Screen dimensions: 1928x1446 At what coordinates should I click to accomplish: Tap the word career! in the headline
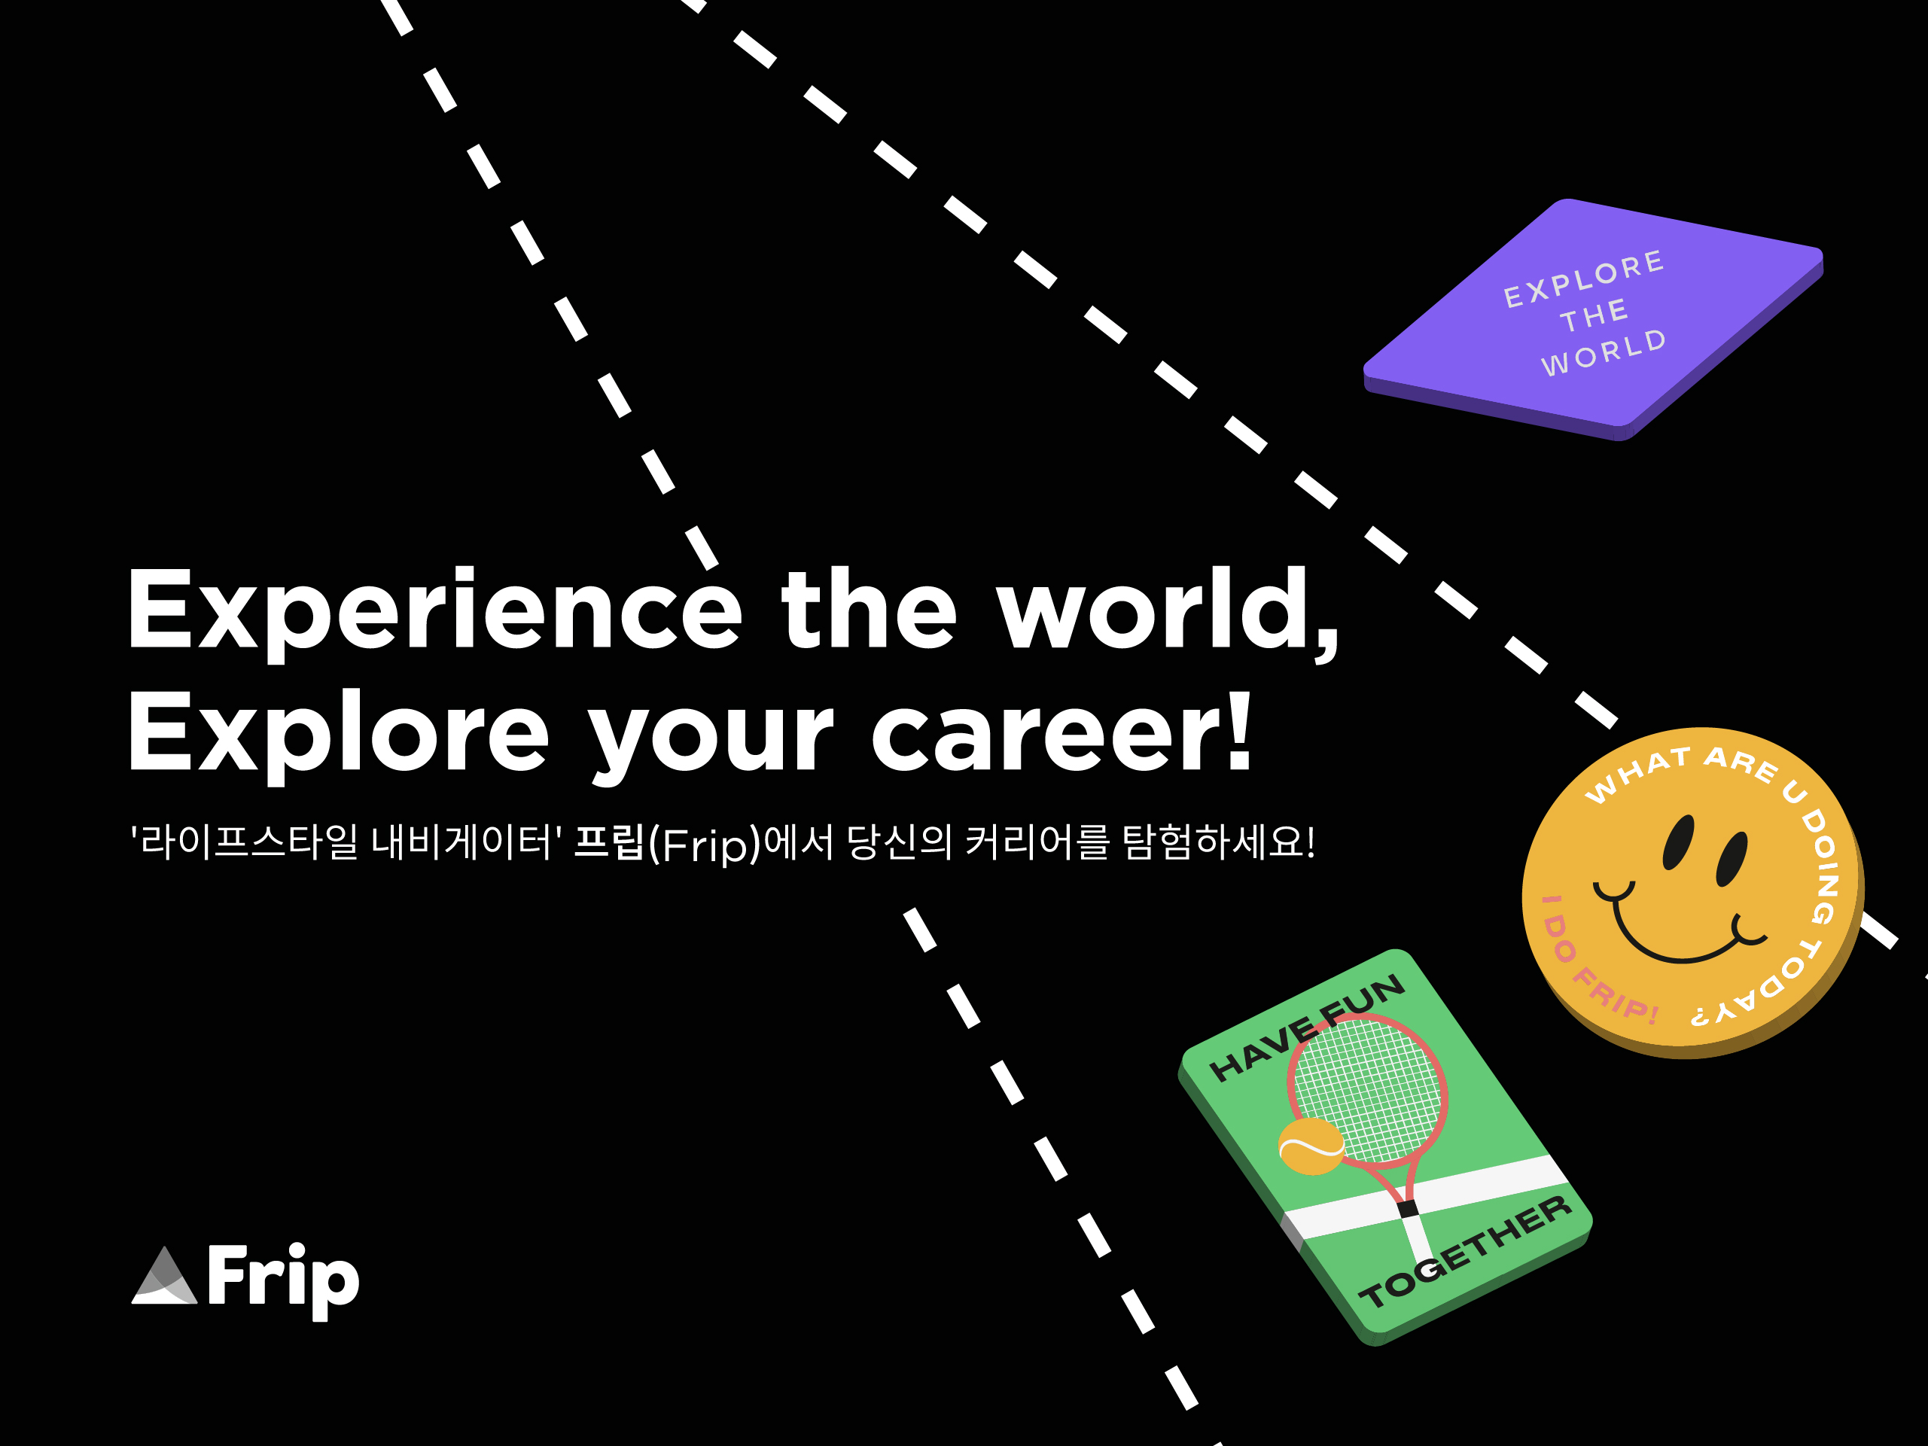(1061, 732)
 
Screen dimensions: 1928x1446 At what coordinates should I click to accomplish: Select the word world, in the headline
(1168, 610)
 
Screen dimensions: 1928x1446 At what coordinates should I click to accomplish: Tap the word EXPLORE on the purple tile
(1585, 279)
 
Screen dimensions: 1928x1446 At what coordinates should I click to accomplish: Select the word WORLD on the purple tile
(1604, 353)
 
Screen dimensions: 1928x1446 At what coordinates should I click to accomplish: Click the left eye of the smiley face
(1678, 842)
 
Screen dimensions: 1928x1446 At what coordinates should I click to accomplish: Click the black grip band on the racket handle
(1408, 1209)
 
